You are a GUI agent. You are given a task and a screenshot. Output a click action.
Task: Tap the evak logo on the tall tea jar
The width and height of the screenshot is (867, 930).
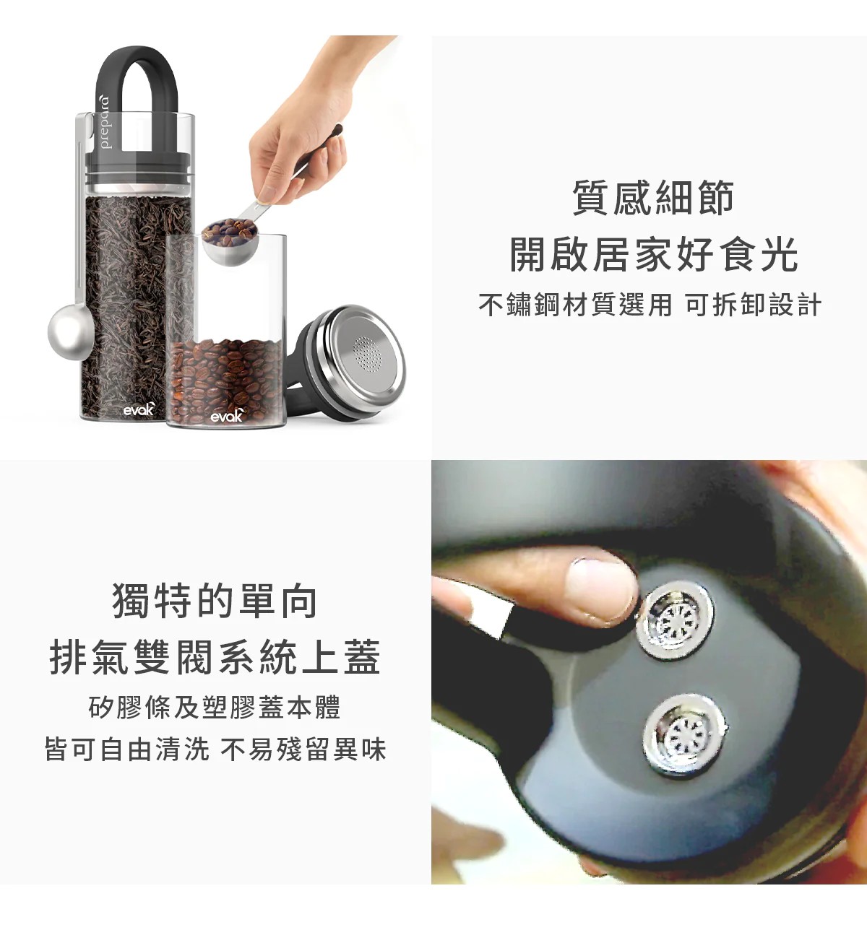139,409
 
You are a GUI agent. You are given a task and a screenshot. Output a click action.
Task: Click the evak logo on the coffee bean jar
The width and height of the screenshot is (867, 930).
228,415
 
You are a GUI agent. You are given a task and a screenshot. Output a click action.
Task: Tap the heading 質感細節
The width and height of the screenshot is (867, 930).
653,198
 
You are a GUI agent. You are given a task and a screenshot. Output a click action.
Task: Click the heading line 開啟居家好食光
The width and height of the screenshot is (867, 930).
653,254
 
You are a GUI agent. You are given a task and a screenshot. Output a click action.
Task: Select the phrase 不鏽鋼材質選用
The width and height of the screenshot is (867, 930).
575,305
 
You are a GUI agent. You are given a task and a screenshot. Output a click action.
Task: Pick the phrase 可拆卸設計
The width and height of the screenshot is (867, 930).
753,305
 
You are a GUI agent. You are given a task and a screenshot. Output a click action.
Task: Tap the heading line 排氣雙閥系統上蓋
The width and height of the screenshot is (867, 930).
215,658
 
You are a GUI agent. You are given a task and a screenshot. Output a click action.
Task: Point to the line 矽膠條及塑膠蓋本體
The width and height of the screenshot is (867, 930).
215,707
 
